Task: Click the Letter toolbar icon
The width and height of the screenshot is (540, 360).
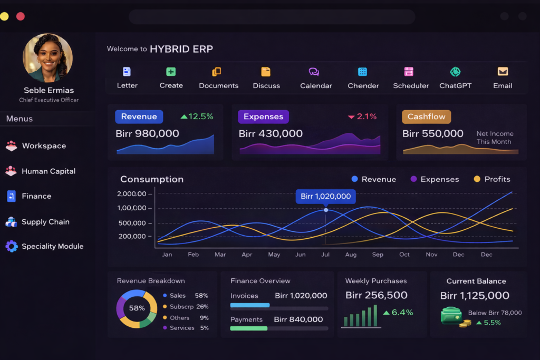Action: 127,72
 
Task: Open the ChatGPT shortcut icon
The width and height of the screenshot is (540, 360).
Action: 455,72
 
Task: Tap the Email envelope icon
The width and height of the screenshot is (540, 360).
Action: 503,72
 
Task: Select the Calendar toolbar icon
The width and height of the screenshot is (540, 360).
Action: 314,72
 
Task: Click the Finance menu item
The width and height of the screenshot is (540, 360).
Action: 36,196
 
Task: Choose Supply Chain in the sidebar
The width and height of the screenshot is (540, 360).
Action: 45,222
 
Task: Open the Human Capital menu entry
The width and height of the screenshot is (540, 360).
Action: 48,171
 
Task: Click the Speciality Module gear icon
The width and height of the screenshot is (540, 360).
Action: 11,246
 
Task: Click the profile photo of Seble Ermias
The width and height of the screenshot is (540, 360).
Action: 47,58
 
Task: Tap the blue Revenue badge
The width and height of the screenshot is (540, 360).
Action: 139,116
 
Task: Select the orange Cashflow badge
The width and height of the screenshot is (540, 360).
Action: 426,116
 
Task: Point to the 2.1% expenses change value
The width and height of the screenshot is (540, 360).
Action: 367,116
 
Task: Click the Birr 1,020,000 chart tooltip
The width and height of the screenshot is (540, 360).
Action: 325,197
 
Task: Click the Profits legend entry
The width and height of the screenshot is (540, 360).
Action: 491,179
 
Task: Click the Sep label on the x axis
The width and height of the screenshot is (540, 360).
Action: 378,255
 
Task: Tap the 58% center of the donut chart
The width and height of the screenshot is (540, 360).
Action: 137,308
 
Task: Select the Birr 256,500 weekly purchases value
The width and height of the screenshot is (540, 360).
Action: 376,295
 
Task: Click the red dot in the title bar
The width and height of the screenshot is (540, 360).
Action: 21,16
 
